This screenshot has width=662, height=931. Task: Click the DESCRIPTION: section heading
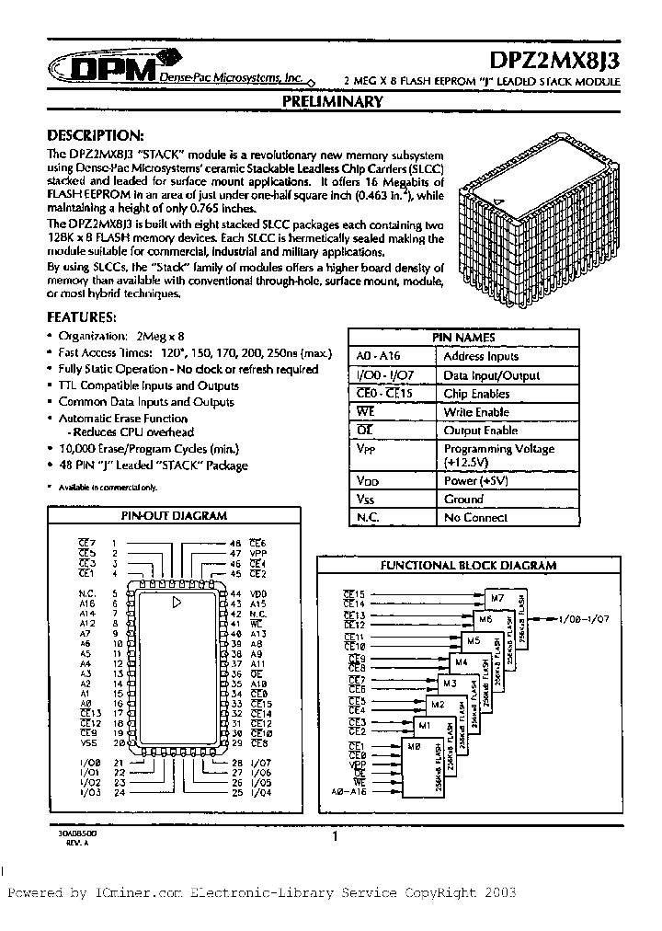point(95,134)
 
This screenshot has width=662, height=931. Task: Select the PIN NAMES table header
point(463,338)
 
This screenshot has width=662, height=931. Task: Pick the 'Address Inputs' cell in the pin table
point(481,356)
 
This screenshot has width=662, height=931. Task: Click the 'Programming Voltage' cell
point(498,449)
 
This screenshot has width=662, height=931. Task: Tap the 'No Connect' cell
point(475,517)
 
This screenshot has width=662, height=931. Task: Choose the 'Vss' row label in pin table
point(368,499)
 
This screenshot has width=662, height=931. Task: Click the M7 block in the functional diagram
point(497,599)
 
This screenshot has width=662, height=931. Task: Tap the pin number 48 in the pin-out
point(235,544)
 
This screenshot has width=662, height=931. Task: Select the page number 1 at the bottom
point(336,836)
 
